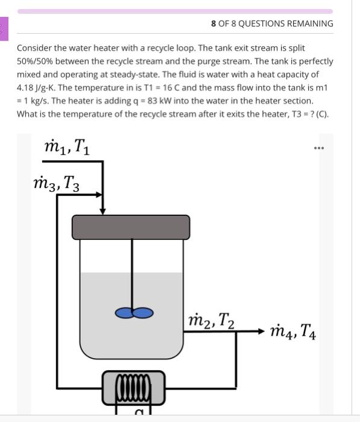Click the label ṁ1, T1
point(68,146)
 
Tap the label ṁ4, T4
point(293,331)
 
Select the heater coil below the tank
point(133,386)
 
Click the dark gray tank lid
point(131,227)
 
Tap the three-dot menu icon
point(319,148)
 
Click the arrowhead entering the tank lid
point(103,210)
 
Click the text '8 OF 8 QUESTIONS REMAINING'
point(272,24)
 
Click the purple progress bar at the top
point(175,11)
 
